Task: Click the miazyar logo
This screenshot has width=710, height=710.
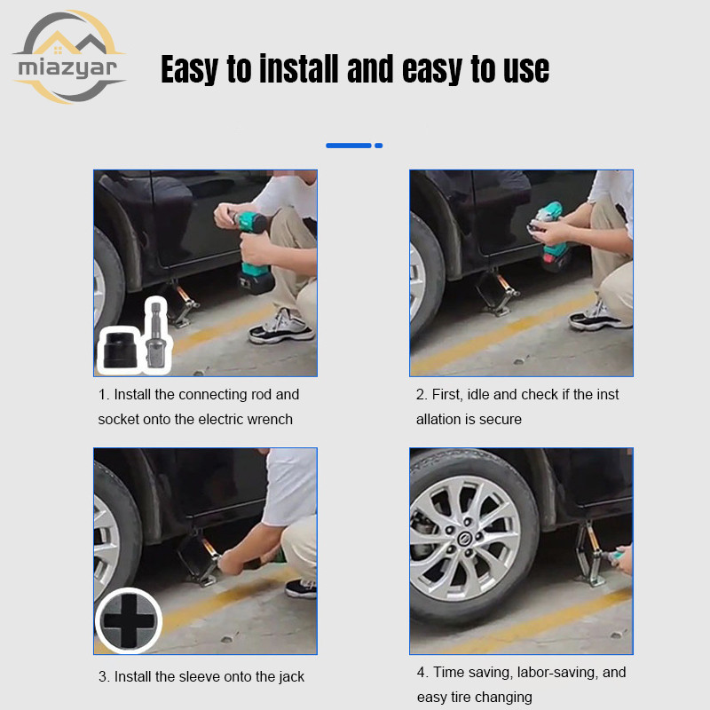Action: [68, 58]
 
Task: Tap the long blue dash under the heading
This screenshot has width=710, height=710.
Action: [349, 146]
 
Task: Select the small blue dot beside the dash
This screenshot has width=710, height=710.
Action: [379, 146]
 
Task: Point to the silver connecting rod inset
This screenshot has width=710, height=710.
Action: [156, 335]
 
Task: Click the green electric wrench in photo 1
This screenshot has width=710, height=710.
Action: [255, 250]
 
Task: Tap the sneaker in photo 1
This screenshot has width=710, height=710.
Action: [280, 327]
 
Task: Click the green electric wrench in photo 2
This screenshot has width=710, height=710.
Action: [550, 235]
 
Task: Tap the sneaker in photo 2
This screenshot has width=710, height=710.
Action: [598, 316]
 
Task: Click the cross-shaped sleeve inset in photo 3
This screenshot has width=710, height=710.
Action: [129, 620]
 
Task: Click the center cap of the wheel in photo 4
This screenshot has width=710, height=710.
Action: [465, 540]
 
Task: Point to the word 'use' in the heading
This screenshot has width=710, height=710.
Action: [526, 69]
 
